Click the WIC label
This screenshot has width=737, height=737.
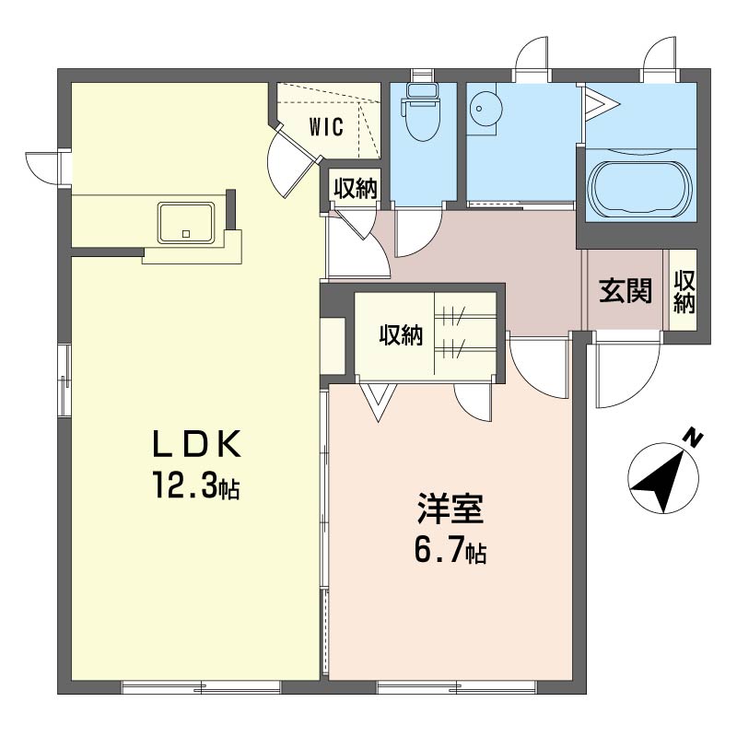326,127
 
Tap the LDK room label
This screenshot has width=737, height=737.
197,444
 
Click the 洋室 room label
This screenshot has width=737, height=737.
450,509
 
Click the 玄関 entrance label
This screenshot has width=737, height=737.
626,290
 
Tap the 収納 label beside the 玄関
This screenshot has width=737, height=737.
684,292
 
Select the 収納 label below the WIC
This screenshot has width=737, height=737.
356,189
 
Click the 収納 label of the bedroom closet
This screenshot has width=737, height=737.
401,335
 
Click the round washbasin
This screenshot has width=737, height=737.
485,109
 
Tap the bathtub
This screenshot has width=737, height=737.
641,190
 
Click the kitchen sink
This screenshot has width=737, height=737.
186,222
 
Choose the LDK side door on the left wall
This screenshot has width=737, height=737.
43,168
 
